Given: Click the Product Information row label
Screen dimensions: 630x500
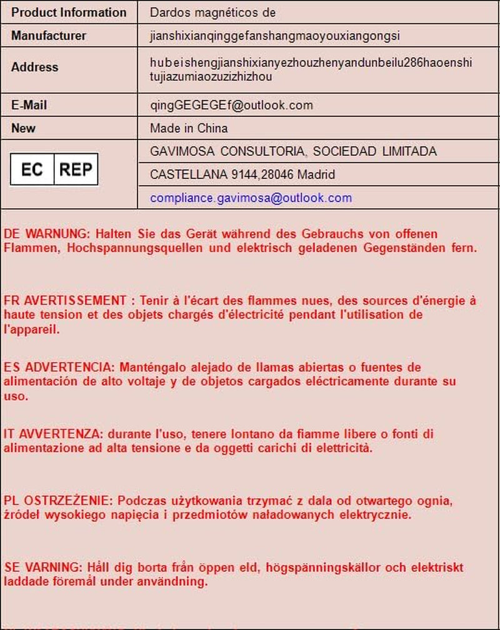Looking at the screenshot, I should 69,13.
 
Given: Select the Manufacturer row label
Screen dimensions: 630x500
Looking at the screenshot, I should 49,36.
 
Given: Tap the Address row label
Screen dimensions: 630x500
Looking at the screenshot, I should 34,67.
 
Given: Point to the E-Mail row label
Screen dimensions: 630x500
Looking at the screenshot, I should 29,105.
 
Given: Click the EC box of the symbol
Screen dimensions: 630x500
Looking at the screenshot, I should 32,170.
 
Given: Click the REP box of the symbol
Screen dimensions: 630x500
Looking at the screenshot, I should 76,170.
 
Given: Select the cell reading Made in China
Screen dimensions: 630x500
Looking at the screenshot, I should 189,128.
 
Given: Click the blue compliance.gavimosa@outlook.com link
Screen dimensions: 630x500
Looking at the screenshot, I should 251,198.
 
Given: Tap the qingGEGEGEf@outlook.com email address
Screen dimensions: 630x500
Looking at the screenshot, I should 231,105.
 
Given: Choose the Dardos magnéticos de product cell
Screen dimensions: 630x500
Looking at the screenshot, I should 212,13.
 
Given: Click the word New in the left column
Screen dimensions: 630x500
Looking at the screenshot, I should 23,128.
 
